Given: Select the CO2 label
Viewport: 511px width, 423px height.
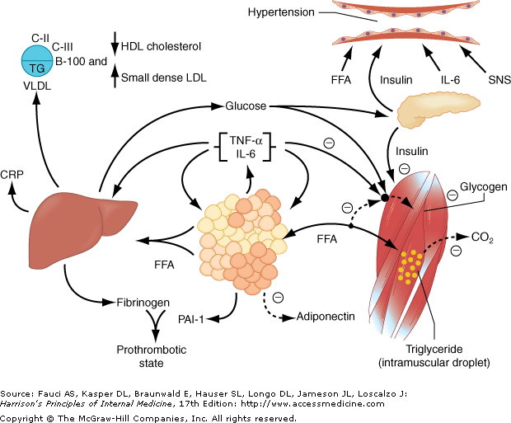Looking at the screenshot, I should click(x=482, y=237).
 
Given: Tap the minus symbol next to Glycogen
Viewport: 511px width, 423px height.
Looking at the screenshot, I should click(x=452, y=195).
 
